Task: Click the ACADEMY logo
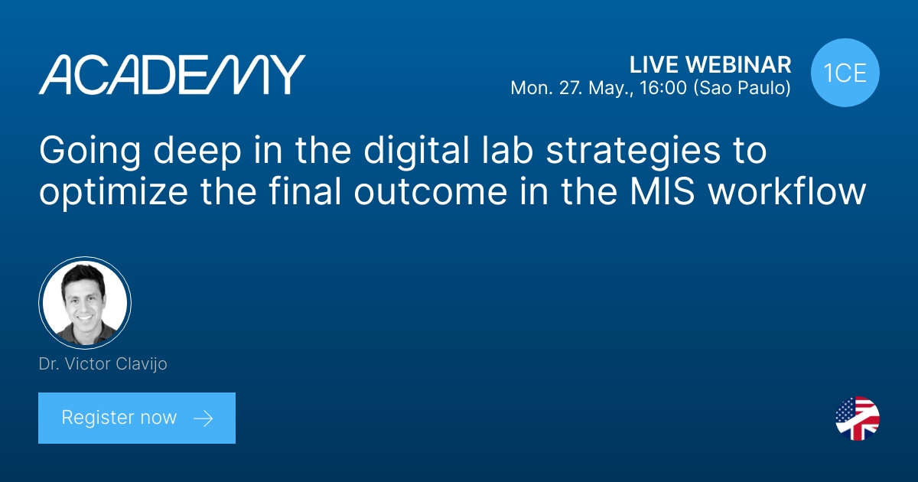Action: coord(172,75)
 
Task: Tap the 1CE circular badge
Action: coord(845,73)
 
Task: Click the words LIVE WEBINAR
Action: coord(710,64)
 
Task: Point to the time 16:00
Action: coord(666,89)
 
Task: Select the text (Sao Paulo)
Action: coord(741,89)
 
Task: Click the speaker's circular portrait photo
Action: coord(85,303)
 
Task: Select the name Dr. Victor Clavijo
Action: coord(103,364)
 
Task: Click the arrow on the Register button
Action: coord(203,418)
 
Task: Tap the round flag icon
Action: coord(857,418)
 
